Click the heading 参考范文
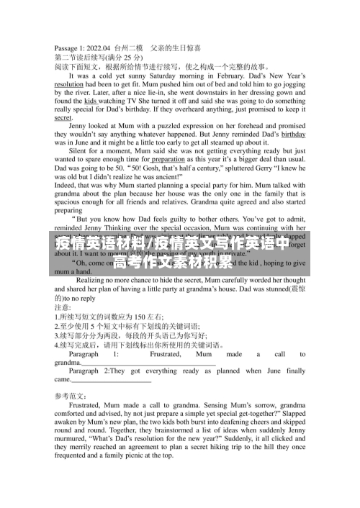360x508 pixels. (71, 396)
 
